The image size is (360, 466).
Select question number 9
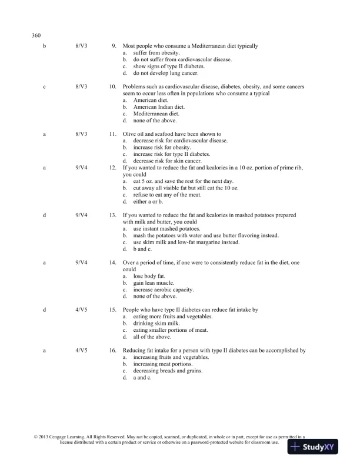click(x=114, y=46)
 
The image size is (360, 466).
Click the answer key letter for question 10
click(x=45, y=86)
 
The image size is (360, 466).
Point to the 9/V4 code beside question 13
click(x=82, y=215)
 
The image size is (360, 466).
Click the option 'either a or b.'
click(x=151, y=201)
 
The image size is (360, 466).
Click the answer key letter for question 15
click(x=45, y=309)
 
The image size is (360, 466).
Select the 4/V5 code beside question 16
click(x=82, y=351)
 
